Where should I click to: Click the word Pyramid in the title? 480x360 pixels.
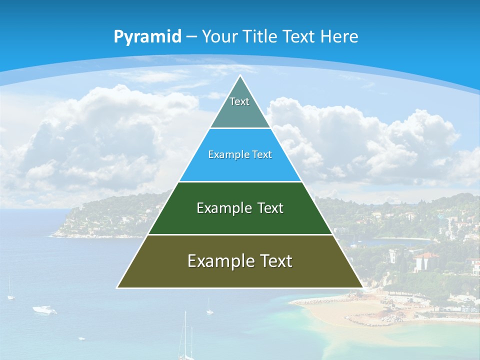click(147, 37)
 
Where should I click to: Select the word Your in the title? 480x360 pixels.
click(220, 36)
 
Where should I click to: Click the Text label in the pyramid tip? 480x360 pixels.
click(239, 101)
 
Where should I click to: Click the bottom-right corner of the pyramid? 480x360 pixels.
click(362, 287)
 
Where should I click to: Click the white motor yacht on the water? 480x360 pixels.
click(44, 310)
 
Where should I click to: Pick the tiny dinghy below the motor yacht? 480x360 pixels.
click(81, 338)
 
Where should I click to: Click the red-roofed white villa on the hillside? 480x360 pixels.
click(426, 261)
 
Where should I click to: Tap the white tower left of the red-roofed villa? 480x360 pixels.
click(393, 256)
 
